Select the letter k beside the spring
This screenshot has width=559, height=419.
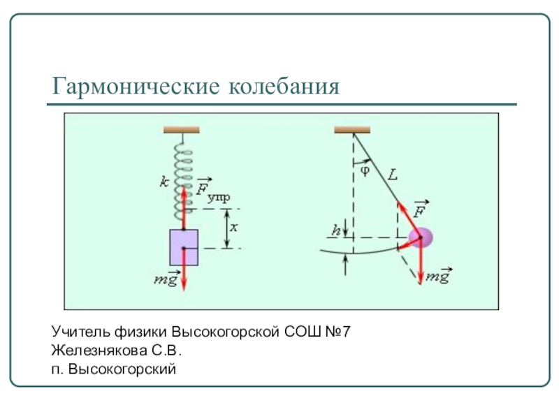tap(163, 182)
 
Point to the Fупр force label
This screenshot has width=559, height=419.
tap(212, 189)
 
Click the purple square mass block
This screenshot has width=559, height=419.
tap(184, 247)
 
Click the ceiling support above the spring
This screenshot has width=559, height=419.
tap(182, 129)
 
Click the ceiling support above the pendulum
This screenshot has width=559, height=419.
tap(351, 129)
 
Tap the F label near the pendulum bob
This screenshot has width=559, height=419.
tap(420, 210)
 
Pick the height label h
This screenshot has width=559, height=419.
tap(337, 228)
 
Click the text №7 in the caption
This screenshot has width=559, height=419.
tap(342, 329)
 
